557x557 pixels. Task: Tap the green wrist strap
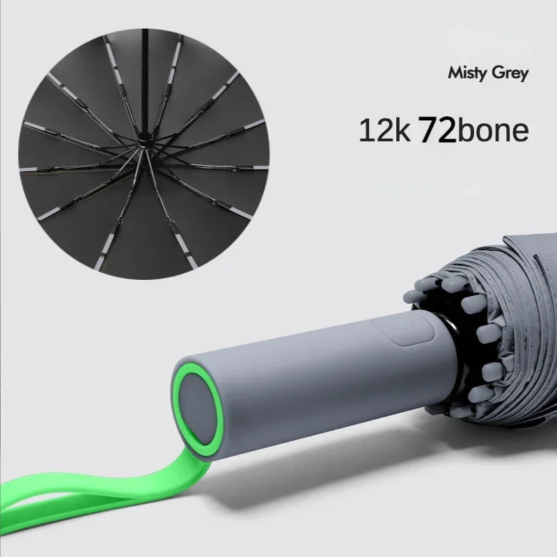pyautogui.click(x=118, y=487)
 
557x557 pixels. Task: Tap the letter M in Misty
pyautogui.click(x=454, y=72)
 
